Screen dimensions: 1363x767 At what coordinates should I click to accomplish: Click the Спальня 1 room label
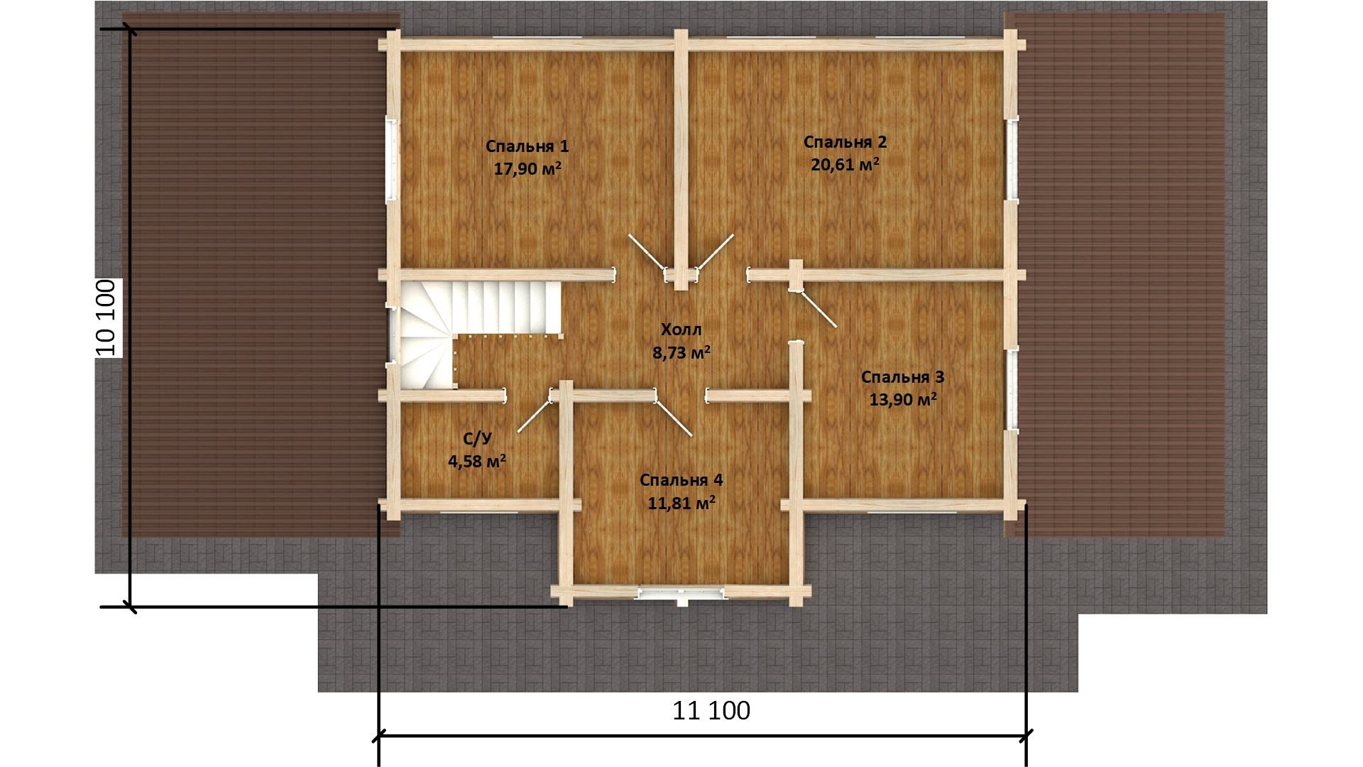(x=527, y=146)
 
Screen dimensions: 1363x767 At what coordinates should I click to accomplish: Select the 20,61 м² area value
(x=845, y=165)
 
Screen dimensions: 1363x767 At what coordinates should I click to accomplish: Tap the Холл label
(x=681, y=330)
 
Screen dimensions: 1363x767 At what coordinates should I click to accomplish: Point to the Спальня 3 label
(x=903, y=376)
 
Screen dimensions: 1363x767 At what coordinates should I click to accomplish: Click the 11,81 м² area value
(x=681, y=504)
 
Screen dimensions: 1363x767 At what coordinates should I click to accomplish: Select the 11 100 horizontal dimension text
(x=711, y=710)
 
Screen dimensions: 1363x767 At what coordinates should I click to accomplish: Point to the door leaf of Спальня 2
(x=716, y=252)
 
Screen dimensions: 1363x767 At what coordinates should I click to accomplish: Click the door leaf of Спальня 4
(x=674, y=418)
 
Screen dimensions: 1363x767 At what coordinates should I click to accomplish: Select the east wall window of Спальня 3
(x=1011, y=388)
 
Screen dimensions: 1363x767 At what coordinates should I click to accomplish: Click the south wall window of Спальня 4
(x=681, y=593)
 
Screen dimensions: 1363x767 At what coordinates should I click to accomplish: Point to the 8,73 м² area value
(x=681, y=352)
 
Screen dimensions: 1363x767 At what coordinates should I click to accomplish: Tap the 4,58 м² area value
(x=477, y=462)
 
